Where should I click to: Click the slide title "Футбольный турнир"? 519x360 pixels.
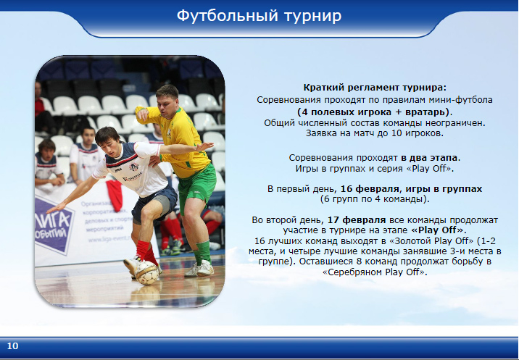pos(259,16)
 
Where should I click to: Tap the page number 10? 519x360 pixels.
pos(12,346)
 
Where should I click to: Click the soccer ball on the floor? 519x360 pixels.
pos(146,272)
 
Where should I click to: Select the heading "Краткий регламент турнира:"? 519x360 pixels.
pos(375,88)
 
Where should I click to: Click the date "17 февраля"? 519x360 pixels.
pos(357,220)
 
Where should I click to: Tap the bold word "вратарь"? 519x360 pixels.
pos(425,112)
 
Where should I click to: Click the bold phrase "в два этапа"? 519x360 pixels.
pos(429,158)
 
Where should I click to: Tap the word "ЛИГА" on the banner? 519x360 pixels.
pos(54,220)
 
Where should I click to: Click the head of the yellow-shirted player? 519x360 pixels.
pos(168,98)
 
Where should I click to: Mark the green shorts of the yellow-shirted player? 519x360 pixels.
pos(196,186)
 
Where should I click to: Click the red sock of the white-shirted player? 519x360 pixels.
pos(143,249)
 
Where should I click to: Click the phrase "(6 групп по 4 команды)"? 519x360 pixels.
pos(375,199)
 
